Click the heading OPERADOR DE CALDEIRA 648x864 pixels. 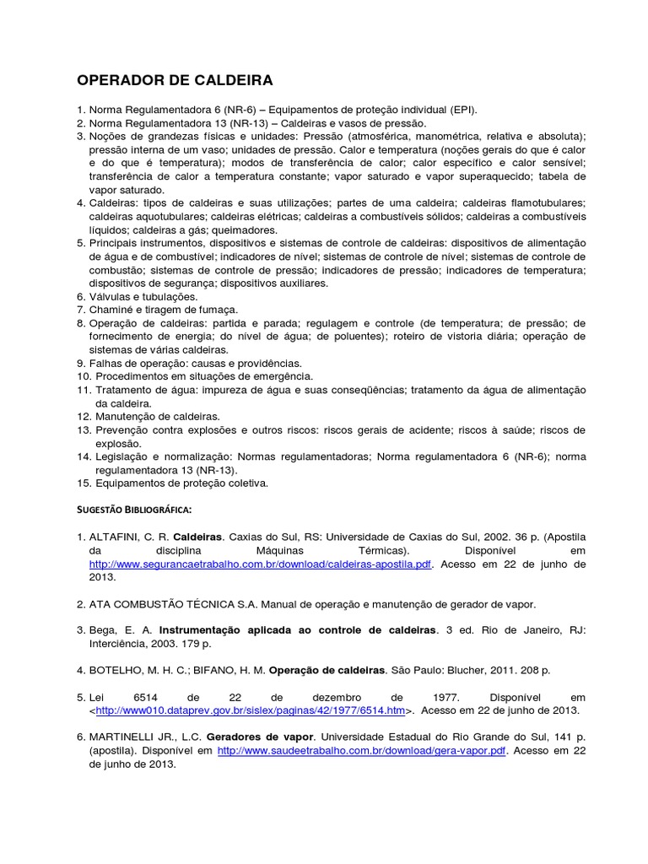click(x=175, y=81)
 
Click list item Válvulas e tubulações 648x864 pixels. click(x=143, y=296)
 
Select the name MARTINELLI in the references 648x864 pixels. click(x=127, y=736)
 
